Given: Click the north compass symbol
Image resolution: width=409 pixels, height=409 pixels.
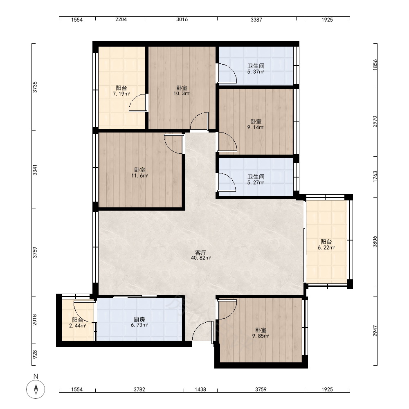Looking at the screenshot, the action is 36,389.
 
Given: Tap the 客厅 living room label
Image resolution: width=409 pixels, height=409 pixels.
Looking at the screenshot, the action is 200,252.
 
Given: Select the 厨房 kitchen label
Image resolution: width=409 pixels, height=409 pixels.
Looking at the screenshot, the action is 139,319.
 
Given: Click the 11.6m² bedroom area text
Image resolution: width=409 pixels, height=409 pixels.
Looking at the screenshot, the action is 140,175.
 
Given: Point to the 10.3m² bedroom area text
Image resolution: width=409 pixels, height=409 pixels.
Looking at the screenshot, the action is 182,93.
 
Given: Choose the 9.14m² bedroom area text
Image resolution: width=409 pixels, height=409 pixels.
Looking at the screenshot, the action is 256,127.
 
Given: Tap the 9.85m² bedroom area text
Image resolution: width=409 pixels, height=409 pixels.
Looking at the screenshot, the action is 261,336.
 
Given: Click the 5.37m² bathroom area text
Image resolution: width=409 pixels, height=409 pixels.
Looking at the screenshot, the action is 256,72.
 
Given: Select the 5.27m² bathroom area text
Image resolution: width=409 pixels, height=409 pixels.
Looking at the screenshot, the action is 256,182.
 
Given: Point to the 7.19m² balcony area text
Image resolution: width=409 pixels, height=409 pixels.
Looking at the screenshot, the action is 121,94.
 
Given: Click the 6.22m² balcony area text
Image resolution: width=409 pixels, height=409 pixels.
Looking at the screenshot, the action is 326,247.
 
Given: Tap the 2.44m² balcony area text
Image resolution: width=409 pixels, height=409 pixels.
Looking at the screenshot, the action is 77,326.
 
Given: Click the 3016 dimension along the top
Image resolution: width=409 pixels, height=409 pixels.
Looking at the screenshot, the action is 182,19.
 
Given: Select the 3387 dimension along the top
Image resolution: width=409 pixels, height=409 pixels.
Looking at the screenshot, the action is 256,20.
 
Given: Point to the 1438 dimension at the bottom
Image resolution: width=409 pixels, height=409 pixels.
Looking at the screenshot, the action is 200,389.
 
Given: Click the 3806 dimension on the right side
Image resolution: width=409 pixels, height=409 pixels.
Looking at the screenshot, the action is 375,242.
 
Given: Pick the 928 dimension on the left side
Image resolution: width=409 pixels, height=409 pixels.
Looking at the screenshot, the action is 35,354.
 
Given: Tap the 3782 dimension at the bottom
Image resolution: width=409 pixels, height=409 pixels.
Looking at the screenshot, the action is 139,389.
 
